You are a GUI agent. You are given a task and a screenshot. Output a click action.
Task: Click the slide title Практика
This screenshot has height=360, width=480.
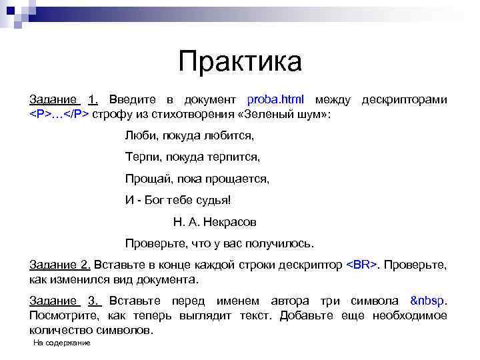click(240, 62)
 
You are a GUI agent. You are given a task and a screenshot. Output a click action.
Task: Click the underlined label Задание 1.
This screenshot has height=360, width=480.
click(64, 100)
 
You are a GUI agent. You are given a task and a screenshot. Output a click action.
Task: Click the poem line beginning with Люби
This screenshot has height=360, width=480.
click(189, 136)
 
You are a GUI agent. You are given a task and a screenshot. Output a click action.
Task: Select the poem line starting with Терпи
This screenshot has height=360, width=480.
click(192, 157)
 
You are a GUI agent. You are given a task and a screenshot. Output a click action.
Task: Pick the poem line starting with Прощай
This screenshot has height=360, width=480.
click(197, 179)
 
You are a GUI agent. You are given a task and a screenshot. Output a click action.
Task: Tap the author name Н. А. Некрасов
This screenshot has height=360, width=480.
click(215, 221)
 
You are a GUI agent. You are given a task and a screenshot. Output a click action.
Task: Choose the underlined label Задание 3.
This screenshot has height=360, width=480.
click(64, 300)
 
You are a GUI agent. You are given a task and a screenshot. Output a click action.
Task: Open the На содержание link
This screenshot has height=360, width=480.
click(61, 343)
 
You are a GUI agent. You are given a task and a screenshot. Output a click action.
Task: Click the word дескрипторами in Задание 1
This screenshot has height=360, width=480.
click(404, 100)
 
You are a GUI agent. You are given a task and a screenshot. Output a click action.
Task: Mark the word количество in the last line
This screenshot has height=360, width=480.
click(60, 329)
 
